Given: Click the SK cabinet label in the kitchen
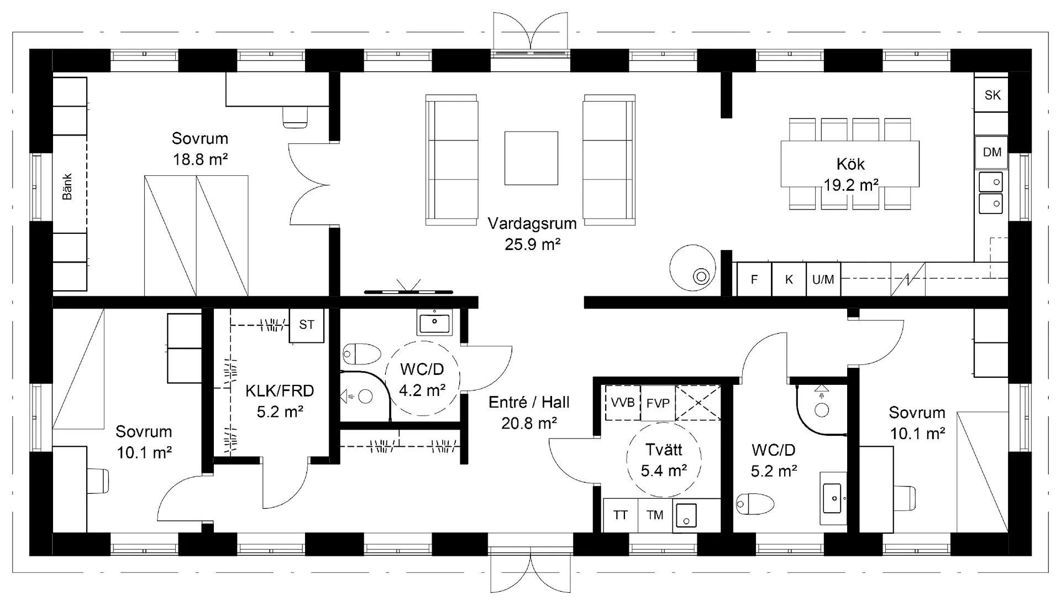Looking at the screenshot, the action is click(x=992, y=95).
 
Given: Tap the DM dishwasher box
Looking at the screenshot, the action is click(x=991, y=152).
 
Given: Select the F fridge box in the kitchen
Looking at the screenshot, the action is click(x=754, y=279).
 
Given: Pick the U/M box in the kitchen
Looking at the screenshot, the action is click(x=823, y=279).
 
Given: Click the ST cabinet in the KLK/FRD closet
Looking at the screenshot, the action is click(x=307, y=325).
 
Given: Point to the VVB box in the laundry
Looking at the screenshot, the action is click(x=623, y=403).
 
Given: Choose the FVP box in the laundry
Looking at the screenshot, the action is click(x=658, y=403).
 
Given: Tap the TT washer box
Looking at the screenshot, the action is click(x=621, y=515).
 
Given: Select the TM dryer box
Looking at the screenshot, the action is click(x=655, y=515).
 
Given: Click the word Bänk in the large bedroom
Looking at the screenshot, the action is click(x=67, y=186).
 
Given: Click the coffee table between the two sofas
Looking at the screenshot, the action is click(x=531, y=158).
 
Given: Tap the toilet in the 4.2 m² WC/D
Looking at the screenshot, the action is click(x=362, y=354).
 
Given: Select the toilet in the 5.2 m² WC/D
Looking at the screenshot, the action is click(x=755, y=504).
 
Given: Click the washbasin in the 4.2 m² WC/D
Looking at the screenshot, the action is click(x=435, y=321).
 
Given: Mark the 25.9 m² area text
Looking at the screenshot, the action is click(x=533, y=244).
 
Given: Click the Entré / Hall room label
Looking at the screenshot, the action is click(x=529, y=402).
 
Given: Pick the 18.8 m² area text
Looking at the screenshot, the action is click(x=200, y=159).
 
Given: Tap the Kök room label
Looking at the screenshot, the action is click(x=850, y=164).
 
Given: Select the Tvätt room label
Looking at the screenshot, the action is click(x=664, y=450).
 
